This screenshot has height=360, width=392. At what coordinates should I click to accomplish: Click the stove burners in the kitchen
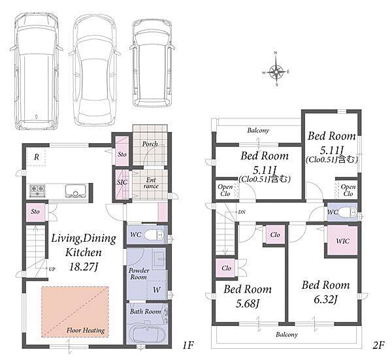tap(37, 191)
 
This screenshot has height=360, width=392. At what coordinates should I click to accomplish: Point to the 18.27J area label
tap(83, 267)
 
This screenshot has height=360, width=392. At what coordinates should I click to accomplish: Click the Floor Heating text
tap(86, 331)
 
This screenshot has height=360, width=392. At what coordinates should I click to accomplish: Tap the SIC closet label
tap(122, 182)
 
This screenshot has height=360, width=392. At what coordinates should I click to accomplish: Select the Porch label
tap(150, 144)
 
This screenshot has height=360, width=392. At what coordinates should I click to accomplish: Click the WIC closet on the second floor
tap(342, 240)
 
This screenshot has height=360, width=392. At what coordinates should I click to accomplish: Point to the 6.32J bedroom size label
tap(325, 299)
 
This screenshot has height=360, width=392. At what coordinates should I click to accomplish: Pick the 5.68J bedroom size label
tap(248, 304)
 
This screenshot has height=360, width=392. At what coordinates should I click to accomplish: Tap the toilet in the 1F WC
tap(154, 235)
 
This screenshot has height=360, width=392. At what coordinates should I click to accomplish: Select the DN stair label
tap(242, 212)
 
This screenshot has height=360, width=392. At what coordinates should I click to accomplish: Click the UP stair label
tap(52, 269)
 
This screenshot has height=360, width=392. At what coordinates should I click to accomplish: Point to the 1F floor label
tap(188, 345)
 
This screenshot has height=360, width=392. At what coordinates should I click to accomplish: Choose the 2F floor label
tap(378, 345)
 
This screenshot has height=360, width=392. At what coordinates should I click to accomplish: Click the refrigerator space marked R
tap(37, 157)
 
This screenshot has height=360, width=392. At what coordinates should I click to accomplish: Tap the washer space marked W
tap(157, 289)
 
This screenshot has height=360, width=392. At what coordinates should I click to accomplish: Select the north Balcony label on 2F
tap(258, 131)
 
